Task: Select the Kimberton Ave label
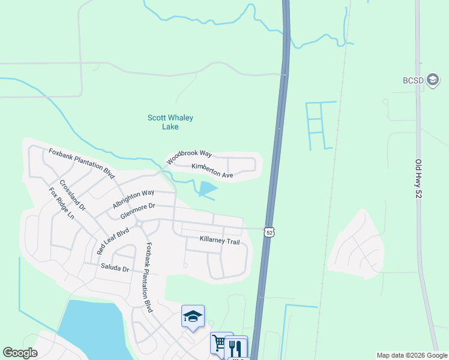pyautogui.click(x=212, y=170)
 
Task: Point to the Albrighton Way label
pyautogui.click(x=133, y=199)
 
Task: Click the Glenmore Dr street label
pyautogui.click(x=137, y=210)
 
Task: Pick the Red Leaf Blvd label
pyautogui.click(x=113, y=241)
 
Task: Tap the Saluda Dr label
pyautogui.click(x=115, y=269)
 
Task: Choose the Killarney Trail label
pyautogui.click(x=220, y=241)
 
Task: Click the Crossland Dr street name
pyautogui.click(x=73, y=195)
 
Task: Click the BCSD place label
pyautogui.click(x=413, y=81)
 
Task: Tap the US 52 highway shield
pyautogui.click(x=270, y=232)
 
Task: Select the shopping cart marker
pyautogui.click(x=219, y=343)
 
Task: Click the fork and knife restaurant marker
pyautogui.click(x=237, y=347)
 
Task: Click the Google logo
pyautogui.click(x=20, y=353)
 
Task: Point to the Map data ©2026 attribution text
pyautogui.click(x=411, y=355)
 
